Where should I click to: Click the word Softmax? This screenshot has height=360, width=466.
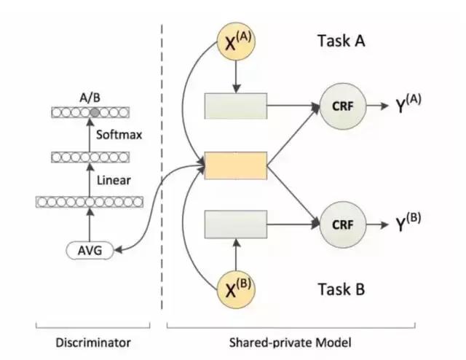click(118, 135)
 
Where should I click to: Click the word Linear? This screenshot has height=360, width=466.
click(114, 179)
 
